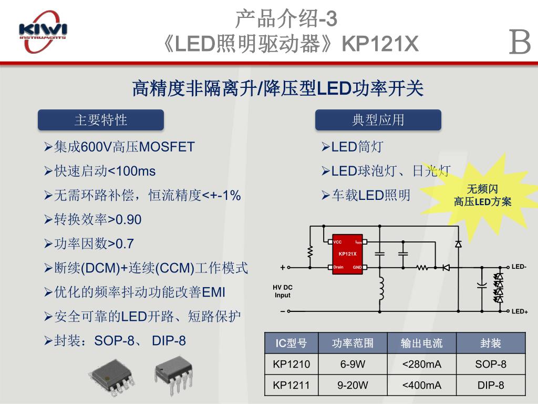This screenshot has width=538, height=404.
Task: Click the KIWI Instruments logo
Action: (43, 33)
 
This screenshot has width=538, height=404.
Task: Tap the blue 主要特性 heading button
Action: (101, 120)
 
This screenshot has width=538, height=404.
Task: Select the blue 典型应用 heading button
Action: (378, 120)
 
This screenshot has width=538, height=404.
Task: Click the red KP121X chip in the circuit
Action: (347, 254)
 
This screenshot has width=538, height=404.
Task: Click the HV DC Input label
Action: (282, 291)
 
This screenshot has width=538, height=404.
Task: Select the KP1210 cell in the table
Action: (292, 364)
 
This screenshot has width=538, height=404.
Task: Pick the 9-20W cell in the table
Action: (353, 385)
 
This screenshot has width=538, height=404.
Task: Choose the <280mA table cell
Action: (421, 364)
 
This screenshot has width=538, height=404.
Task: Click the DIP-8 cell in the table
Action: (491, 385)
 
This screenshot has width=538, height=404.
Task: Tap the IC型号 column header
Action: (292, 344)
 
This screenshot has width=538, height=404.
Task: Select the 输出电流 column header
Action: (421, 344)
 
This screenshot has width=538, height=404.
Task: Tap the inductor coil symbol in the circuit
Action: (381, 287)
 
